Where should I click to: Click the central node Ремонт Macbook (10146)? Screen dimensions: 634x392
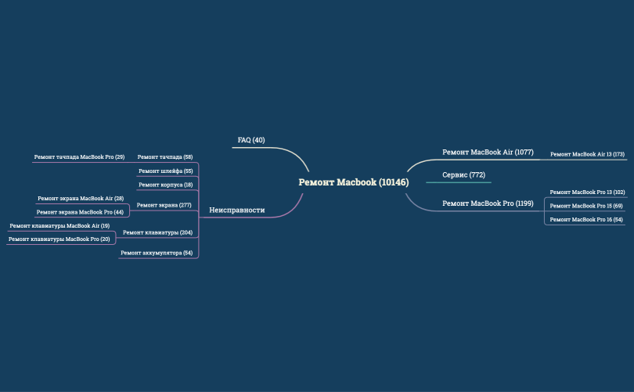354,182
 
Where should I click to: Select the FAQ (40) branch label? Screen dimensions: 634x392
251,140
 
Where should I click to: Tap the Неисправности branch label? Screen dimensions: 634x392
237,210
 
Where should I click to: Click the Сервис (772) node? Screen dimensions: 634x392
464,175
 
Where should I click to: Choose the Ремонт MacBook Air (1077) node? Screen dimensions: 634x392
488,153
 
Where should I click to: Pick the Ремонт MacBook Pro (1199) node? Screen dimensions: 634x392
488,203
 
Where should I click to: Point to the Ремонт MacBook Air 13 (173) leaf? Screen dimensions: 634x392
587,154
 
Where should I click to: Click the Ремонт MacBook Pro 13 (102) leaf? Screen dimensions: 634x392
587,192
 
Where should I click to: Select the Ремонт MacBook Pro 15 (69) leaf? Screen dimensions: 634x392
586,206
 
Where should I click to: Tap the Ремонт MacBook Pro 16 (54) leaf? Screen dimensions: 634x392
586,219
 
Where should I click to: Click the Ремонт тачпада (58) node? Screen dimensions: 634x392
165,156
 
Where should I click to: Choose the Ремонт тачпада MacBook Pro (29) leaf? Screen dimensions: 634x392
79,156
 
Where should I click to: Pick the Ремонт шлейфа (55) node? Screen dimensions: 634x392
166,171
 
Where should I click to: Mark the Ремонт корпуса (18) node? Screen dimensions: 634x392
166,185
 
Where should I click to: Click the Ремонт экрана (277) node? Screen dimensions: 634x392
164,205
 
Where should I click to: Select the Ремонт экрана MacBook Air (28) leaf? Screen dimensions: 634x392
81,199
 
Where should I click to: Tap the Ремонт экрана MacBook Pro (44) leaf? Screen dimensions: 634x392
80,212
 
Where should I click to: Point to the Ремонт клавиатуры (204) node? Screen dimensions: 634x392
157,232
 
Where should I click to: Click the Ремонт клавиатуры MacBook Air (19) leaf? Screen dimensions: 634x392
59,225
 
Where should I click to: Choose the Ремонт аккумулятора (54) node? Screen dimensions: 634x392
157,253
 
